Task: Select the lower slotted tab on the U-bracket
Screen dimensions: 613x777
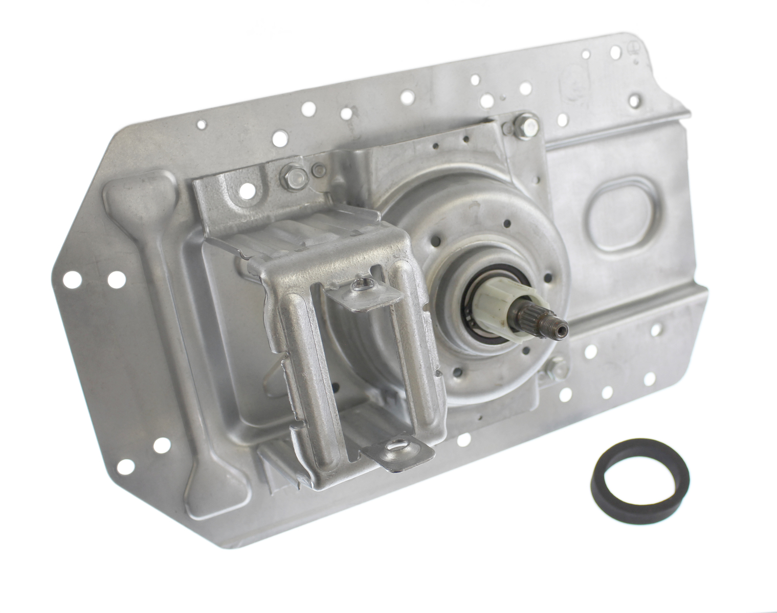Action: point(397,447)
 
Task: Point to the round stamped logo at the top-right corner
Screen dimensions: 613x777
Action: point(631,50)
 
